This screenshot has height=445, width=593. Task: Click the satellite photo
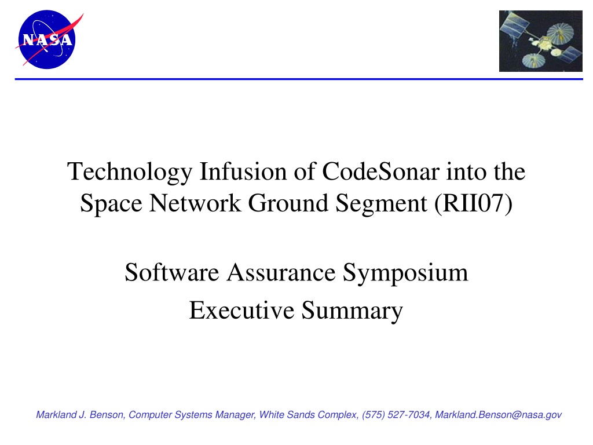click(x=540, y=41)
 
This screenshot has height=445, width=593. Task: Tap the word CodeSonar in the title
click(x=381, y=172)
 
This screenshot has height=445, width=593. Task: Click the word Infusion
click(x=243, y=172)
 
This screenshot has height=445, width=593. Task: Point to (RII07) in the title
click(x=474, y=203)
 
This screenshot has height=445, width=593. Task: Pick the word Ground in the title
click(x=288, y=203)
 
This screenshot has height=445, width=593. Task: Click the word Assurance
click(x=281, y=272)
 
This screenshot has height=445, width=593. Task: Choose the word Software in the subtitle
click(x=172, y=272)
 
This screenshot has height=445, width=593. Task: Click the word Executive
click(x=241, y=311)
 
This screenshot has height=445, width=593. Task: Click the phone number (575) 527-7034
click(x=396, y=415)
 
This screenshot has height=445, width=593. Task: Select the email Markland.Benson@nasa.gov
click(x=498, y=415)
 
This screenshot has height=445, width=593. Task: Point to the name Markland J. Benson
click(x=80, y=415)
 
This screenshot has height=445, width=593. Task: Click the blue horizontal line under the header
click(x=299, y=79)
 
